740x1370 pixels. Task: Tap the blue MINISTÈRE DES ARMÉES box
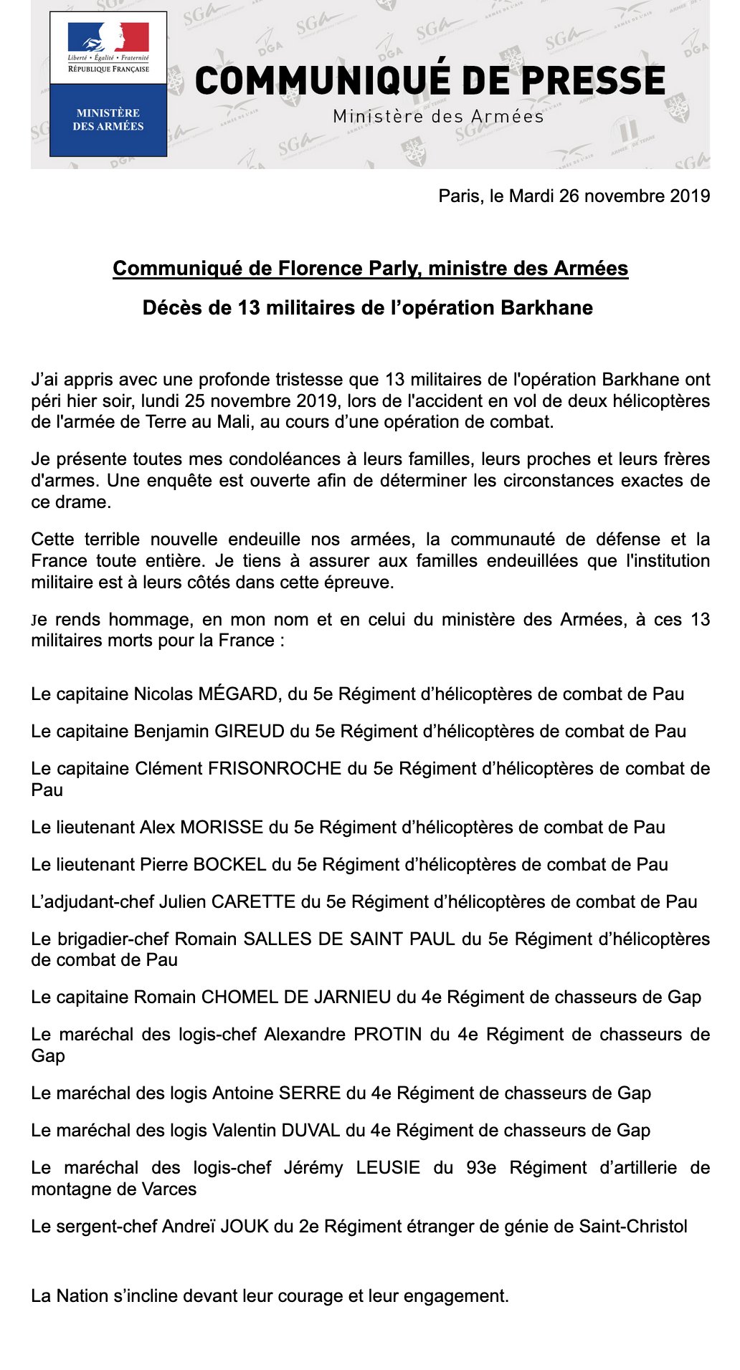click(x=108, y=120)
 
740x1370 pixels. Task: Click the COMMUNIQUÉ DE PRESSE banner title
click(x=430, y=80)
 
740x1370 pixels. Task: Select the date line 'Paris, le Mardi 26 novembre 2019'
click(x=574, y=196)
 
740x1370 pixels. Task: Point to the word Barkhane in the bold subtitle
click(x=546, y=308)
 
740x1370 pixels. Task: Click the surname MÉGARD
click(x=237, y=694)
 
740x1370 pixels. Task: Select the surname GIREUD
click(x=250, y=732)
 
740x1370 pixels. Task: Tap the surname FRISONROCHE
click(x=275, y=769)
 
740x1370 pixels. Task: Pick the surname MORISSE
click(x=222, y=828)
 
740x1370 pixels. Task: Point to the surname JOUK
click(x=244, y=1227)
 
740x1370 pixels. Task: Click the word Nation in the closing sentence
click(x=82, y=1296)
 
